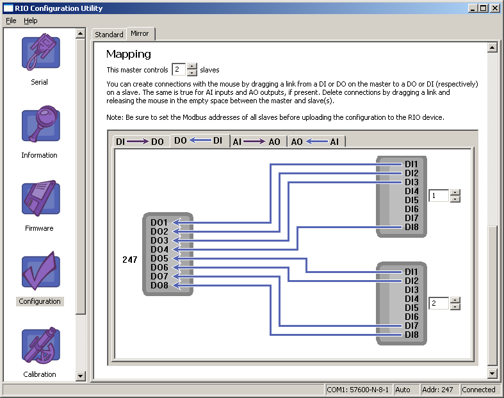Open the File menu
[x=11, y=21]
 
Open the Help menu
[x=31, y=21]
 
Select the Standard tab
[x=109, y=35]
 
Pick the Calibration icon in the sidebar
[x=40, y=346]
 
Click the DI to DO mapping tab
[x=140, y=142]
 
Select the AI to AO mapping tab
[x=256, y=142]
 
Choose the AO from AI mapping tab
[x=315, y=142]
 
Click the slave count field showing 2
[x=179, y=69]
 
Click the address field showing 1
[x=439, y=195]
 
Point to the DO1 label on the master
[x=159, y=222]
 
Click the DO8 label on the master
[x=159, y=285]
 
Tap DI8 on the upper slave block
[x=411, y=227]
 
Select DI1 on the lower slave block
[x=411, y=272]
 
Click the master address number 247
[x=129, y=260]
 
